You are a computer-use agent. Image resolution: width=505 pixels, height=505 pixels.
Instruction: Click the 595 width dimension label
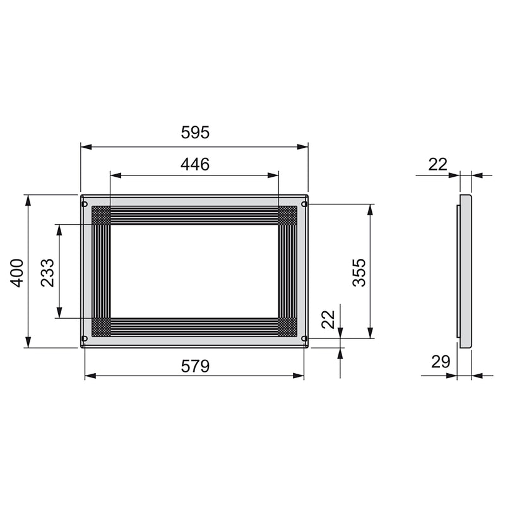[x=194, y=133]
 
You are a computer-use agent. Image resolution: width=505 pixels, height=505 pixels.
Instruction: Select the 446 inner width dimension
[x=194, y=164]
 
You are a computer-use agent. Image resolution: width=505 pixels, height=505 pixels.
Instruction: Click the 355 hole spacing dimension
[x=359, y=271]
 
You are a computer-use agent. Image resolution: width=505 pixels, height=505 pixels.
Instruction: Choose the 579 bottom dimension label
[x=194, y=365]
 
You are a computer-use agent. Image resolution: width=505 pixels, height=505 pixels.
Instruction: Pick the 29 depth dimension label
[x=441, y=362]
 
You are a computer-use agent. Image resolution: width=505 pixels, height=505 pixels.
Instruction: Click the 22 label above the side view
[x=437, y=164]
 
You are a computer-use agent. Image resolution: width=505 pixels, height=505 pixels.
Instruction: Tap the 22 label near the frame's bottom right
[x=328, y=319]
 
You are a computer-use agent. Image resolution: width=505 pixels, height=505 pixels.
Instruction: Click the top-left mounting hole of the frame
[x=85, y=204]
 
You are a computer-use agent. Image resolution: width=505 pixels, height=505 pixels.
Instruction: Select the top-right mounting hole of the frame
[x=304, y=204]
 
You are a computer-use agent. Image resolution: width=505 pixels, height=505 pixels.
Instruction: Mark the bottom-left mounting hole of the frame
[x=85, y=338]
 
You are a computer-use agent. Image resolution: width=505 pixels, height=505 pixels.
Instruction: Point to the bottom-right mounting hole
[x=304, y=338]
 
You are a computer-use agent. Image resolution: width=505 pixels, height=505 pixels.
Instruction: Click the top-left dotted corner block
[x=101, y=216]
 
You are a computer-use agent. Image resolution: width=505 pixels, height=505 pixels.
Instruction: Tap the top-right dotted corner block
[x=287, y=216]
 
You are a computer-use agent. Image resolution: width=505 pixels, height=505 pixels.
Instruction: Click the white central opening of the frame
[x=194, y=271]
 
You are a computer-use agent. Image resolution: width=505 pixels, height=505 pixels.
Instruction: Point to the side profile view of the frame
[x=465, y=271]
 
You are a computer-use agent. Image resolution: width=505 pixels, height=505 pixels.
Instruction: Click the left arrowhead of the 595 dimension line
[x=85, y=147]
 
